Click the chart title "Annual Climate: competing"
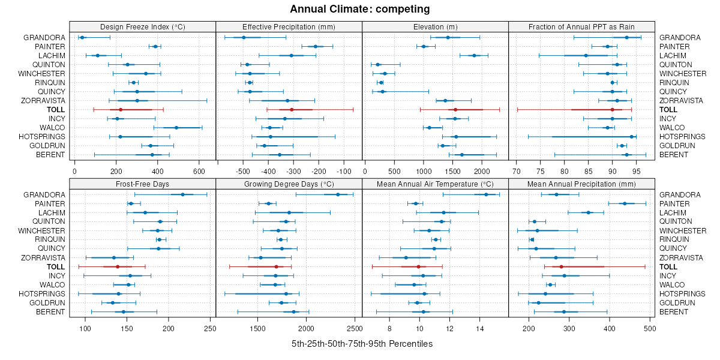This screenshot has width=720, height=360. point(360,9)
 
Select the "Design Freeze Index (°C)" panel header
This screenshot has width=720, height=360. point(142,26)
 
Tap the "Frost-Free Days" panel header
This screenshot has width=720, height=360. point(142,184)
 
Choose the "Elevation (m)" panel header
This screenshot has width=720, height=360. point(435,26)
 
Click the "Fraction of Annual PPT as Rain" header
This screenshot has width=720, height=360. point(581,26)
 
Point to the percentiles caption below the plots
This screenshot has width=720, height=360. point(362,344)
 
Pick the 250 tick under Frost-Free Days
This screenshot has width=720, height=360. point(210,329)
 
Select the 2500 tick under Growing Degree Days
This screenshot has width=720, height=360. point(355,329)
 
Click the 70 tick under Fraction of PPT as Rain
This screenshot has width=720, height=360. point(516,171)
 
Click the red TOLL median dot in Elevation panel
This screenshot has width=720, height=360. point(455,110)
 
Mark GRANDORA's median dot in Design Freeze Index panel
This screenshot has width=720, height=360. point(82,38)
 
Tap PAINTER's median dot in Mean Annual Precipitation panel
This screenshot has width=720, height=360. point(625,203)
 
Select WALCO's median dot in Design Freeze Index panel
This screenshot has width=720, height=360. point(176,128)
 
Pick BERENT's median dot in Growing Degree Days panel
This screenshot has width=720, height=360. point(294,312)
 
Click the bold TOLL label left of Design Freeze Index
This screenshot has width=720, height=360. point(56,110)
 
